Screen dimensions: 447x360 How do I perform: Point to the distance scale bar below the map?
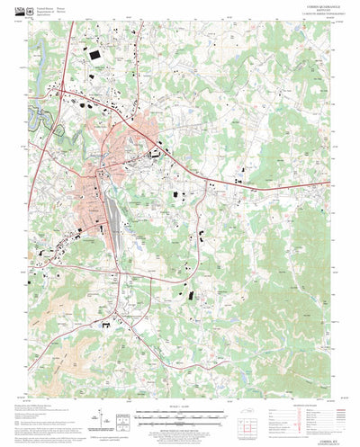(x=180, y=415)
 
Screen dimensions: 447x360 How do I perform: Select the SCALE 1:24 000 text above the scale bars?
(x=180, y=406)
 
